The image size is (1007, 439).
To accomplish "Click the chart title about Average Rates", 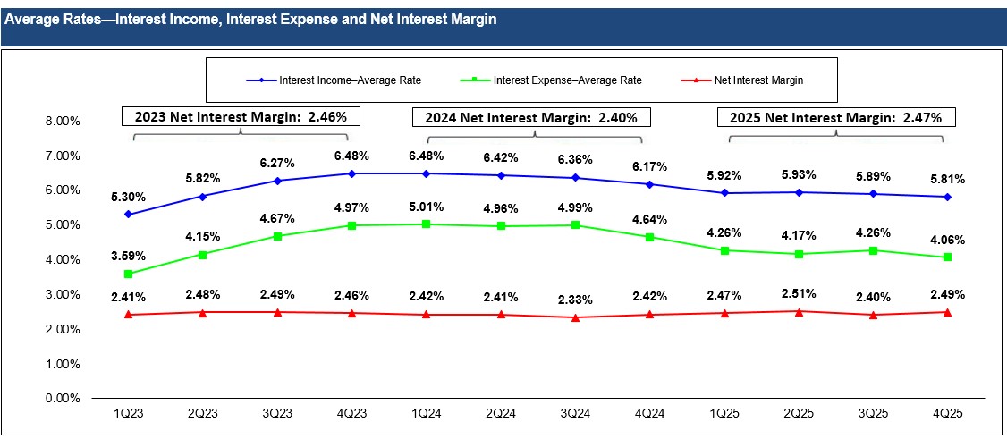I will (250, 19).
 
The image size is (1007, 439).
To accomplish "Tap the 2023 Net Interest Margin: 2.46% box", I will (241, 116).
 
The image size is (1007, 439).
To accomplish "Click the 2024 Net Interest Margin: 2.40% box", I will (531, 116).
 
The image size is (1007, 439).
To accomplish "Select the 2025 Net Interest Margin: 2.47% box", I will (836, 116).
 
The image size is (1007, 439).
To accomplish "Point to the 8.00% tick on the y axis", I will (62, 121).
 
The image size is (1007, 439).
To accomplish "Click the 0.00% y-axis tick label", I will (62, 399).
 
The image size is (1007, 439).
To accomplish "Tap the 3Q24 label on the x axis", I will (575, 417).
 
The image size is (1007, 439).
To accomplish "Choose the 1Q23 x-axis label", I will (128, 417).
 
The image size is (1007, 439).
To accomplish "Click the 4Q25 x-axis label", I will (947, 417).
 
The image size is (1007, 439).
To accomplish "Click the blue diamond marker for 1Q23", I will (128, 215).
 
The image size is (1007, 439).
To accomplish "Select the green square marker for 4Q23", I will (351, 225).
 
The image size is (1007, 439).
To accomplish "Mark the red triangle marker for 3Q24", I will (575, 317).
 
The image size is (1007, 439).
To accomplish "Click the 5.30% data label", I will (128, 197).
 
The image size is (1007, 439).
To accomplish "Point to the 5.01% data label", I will (426, 207).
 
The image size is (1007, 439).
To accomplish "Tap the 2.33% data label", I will (575, 298).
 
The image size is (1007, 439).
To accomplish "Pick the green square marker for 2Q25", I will (798, 254).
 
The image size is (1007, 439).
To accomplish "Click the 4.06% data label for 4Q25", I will (947, 240).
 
